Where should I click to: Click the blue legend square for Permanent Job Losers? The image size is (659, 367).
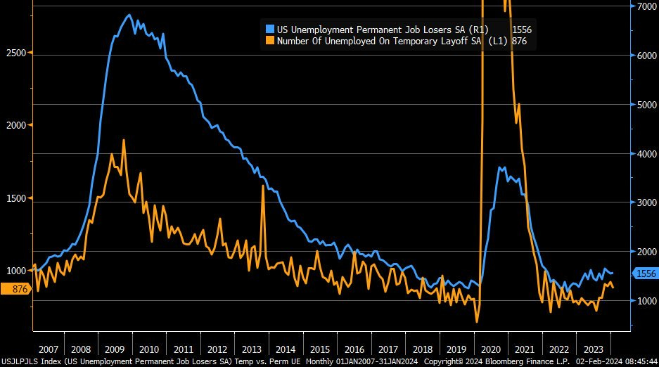pos(270,30)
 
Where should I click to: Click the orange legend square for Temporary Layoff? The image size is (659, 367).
pos(270,41)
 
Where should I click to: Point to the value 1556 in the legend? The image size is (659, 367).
pos(521,30)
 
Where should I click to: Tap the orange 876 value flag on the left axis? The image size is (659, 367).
pos(14,288)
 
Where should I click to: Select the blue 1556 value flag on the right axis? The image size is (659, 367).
pos(645,273)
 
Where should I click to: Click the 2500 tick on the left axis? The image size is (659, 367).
pos(15,53)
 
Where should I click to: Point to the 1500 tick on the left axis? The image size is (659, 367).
pos(15,198)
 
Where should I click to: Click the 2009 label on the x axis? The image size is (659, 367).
pos(114,349)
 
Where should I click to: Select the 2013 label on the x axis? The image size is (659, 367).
pos(251,349)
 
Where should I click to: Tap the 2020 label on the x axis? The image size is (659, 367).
pos(490,349)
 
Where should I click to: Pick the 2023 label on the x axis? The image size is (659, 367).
pos(593,349)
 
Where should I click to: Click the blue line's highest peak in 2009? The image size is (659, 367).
pos(129,15)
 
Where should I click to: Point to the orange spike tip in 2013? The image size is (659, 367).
pos(263,185)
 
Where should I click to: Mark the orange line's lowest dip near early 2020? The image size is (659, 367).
pos(477,322)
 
